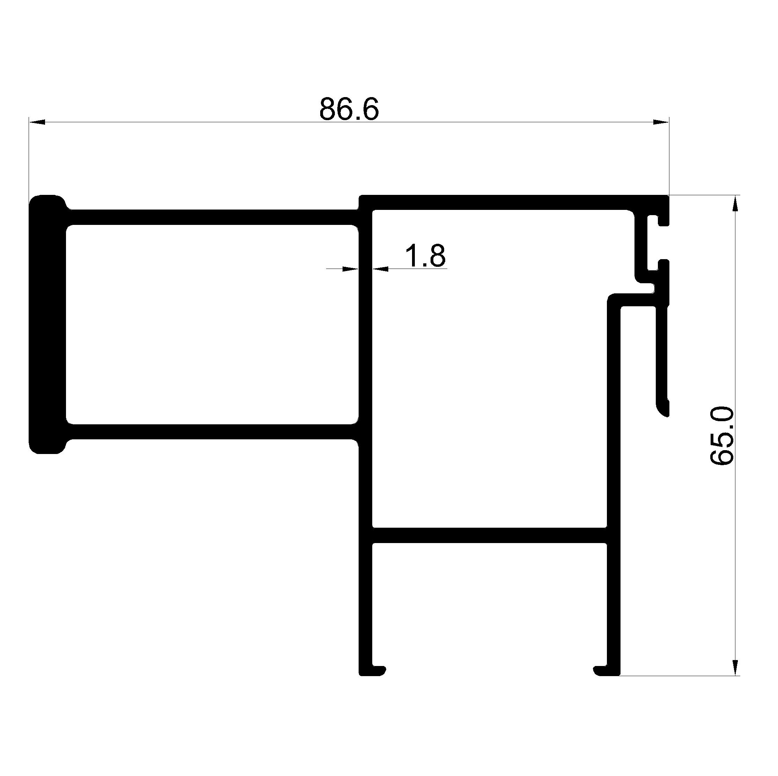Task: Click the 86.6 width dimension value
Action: [349, 109]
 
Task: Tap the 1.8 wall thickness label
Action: [425, 255]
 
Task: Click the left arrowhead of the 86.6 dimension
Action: [37, 122]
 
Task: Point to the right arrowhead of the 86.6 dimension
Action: [661, 122]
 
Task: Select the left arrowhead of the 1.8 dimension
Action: [350, 269]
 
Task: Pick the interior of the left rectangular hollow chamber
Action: [212, 324]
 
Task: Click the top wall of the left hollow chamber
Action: [212, 217]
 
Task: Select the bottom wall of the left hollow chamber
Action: [212, 432]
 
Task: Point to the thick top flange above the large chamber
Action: [514, 203]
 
